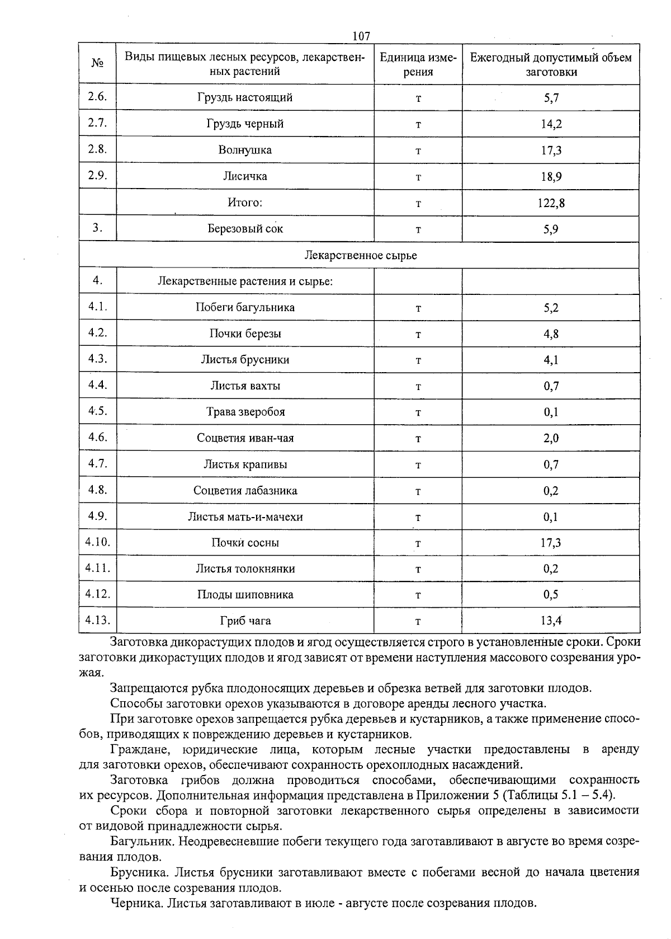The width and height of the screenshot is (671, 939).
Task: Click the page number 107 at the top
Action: click(x=361, y=36)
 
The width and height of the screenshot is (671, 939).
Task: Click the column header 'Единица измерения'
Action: click(x=418, y=64)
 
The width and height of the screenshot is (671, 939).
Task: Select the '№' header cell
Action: click(x=97, y=64)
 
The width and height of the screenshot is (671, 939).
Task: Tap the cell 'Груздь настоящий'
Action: click(x=245, y=97)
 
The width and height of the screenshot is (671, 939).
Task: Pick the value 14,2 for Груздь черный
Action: click(x=551, y=124)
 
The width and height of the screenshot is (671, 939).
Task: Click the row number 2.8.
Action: click(x=97, y=149)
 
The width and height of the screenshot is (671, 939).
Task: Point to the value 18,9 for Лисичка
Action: click(x=551, y=177)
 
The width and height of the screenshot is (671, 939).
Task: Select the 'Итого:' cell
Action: click(x=245, y=203)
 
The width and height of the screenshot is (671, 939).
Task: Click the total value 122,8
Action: click(x=551, y=203)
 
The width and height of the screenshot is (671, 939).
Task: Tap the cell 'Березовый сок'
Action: click(x=245, y=229)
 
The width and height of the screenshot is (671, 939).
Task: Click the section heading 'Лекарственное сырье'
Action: click(x=360, y=255)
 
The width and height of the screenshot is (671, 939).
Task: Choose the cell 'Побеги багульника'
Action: click(x=245, y=307)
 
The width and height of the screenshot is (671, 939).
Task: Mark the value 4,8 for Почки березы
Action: click(x=551, y=334)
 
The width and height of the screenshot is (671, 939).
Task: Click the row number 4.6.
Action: click(x=97, y=437)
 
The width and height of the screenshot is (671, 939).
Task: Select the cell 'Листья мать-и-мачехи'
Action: click(x=245, y=517)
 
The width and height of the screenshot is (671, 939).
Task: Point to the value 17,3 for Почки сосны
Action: click(x=551, y=543)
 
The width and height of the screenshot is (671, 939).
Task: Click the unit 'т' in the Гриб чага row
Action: click(x=418, y=621)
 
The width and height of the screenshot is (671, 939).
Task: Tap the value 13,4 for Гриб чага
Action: click(x=551, y=621)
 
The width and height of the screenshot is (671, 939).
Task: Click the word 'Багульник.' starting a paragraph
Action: click(x=138, y=841)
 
